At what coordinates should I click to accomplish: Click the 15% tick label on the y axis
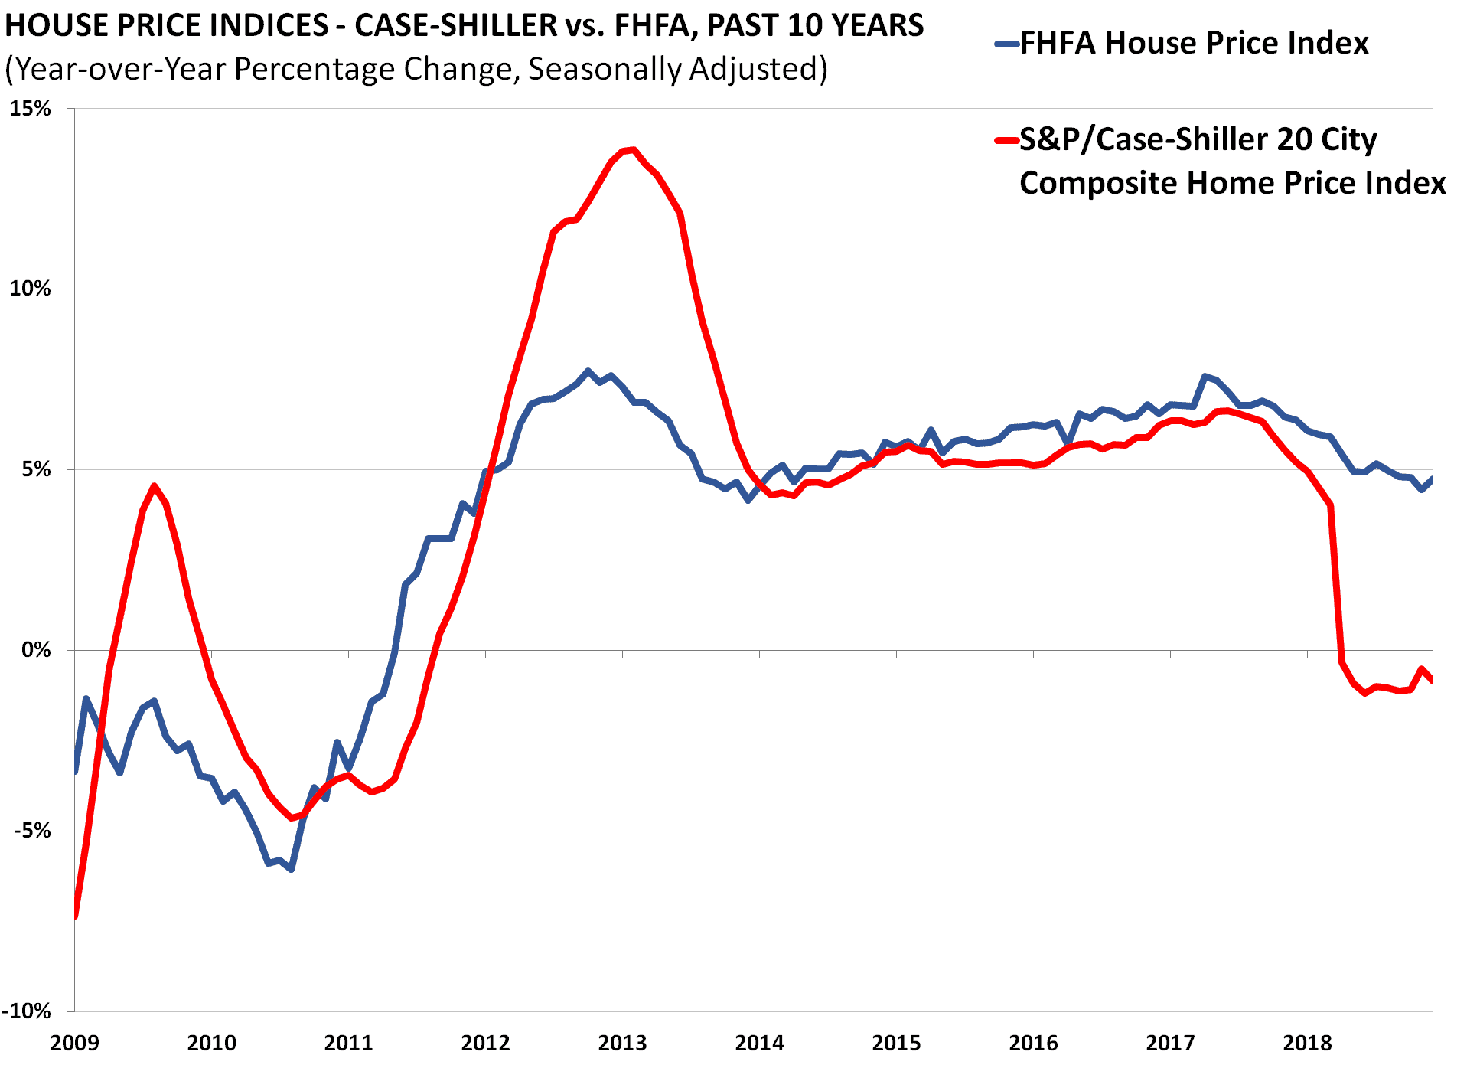click(30, 108)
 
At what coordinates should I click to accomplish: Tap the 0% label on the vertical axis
click(35, 650)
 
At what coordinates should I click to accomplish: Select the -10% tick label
click(26, 1011)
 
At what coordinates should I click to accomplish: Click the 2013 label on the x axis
click(622, 1043)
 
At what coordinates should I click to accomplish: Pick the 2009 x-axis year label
click(74, 1043)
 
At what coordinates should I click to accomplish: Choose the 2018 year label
click(1307, 1043)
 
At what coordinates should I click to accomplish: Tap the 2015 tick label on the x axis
click(896, 1043)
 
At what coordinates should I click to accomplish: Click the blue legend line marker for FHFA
click(1006, 44)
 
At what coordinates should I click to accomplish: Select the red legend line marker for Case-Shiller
click(1006, 140)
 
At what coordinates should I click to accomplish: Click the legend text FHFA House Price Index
click(1194, 43)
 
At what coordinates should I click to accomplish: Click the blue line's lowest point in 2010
click(292, 869)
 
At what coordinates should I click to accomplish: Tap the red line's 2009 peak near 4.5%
click(155, 485)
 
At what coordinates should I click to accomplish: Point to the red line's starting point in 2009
click(75, 916)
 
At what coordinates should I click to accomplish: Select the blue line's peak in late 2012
click(588, 371)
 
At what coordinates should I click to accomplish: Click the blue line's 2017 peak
click(1205, 376)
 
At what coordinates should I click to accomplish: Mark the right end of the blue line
click(1432, 479)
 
